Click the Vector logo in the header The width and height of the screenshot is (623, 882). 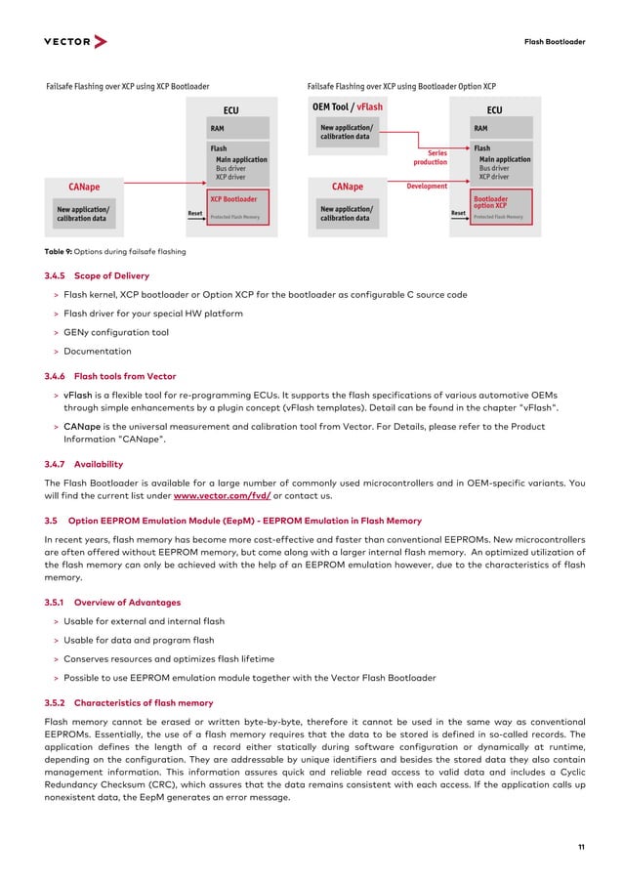pos(75,42)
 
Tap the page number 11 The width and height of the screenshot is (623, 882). pos(581,847)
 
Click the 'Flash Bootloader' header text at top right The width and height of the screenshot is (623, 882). pos(555,42)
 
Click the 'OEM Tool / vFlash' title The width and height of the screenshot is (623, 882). pos(347,107)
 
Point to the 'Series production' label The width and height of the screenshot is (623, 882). pos(431,157)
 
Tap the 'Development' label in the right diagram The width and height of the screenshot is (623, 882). pos(427,186)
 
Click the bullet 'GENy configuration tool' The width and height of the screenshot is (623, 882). pos(115,332)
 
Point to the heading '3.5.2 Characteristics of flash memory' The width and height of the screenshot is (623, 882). pos(129,702)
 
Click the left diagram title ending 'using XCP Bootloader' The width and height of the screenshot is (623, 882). pos(128,87)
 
